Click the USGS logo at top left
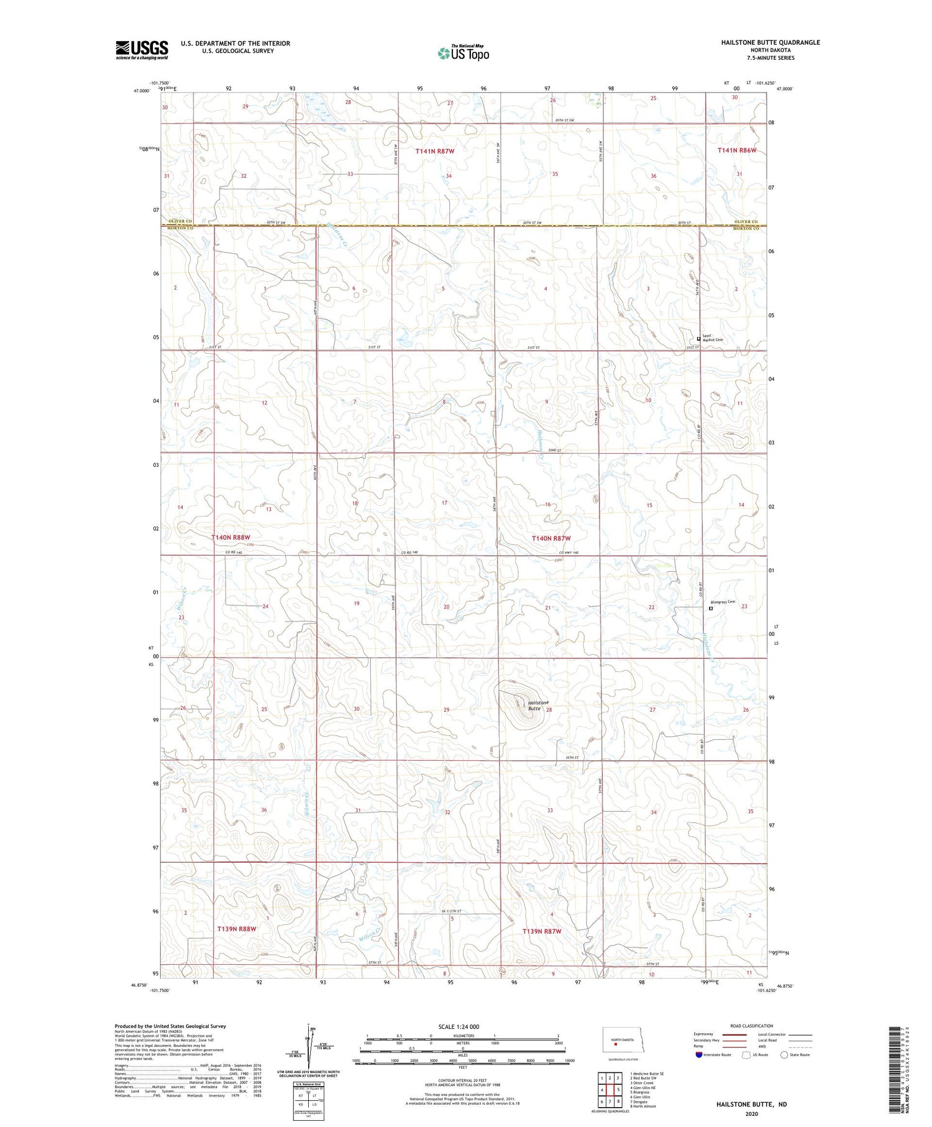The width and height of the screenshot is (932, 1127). (x=142, y=50)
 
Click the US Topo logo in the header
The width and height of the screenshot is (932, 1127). (x=463, y=53)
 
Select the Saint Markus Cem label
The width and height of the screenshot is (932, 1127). (x=712, y=339)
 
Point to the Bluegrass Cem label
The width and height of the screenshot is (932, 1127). (x=723, y=602)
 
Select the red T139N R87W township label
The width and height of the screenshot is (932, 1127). (x=542, y=931)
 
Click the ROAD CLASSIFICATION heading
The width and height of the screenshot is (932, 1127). (x=752, y=1026)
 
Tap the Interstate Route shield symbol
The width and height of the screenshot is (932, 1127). (x=699, y=1055)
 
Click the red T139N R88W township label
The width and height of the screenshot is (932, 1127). (x=237, y=928)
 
